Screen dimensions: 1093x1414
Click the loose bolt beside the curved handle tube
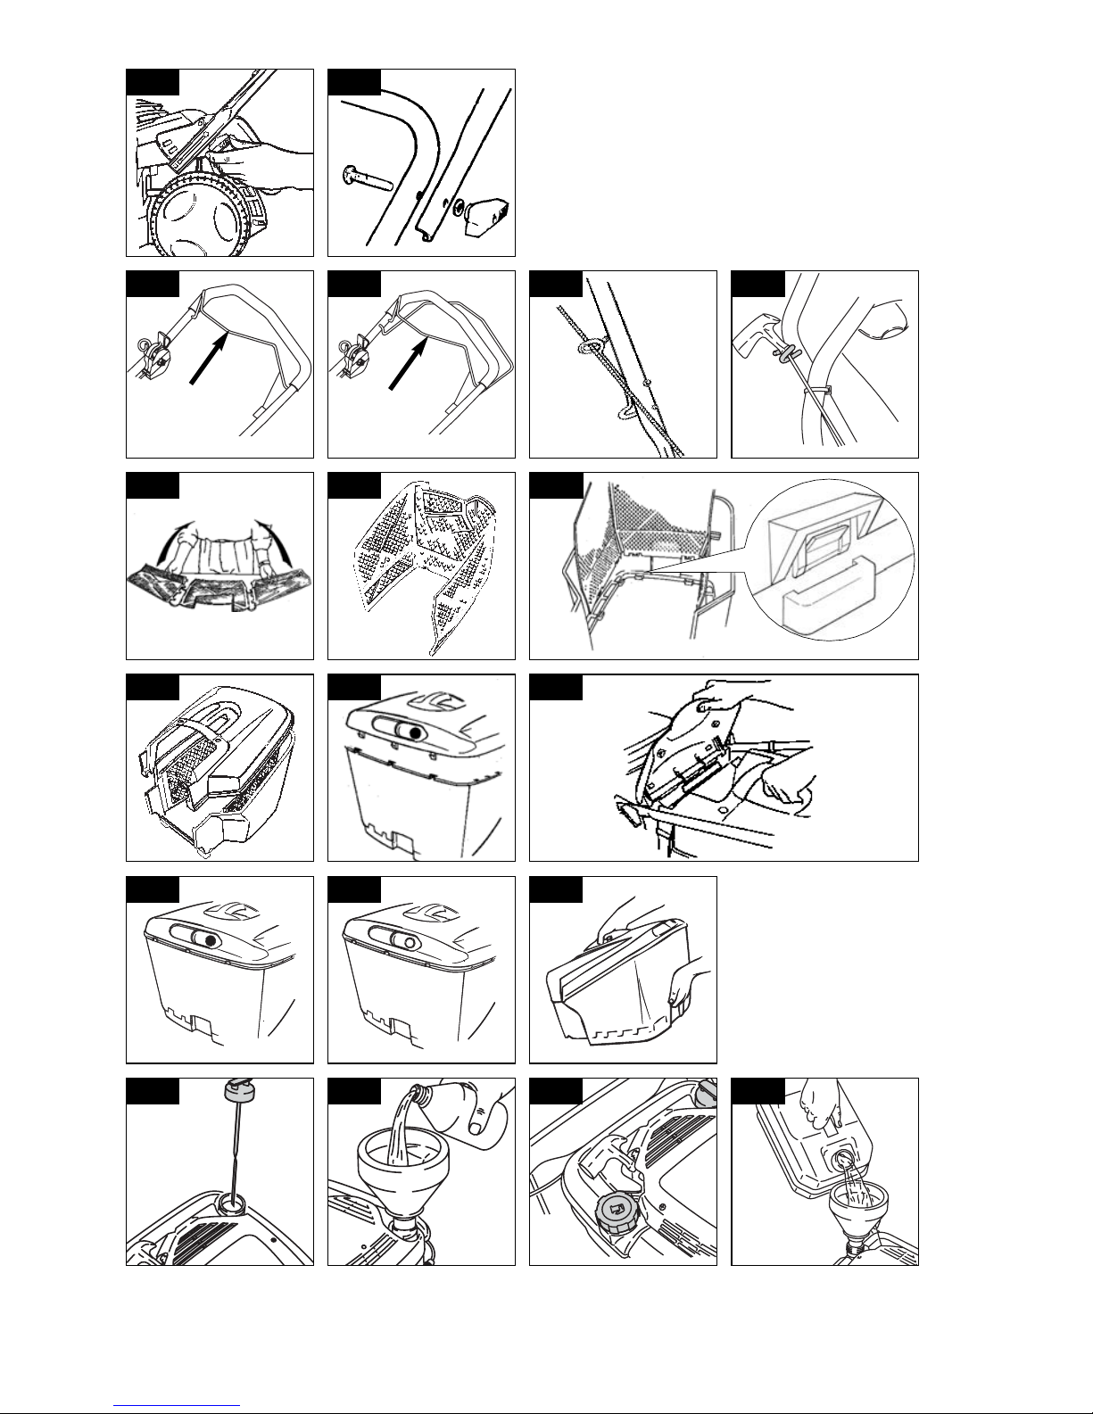pos(368,178)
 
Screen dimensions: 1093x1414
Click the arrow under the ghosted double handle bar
pos(410,362)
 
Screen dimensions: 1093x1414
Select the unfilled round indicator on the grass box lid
pos(410,942)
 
